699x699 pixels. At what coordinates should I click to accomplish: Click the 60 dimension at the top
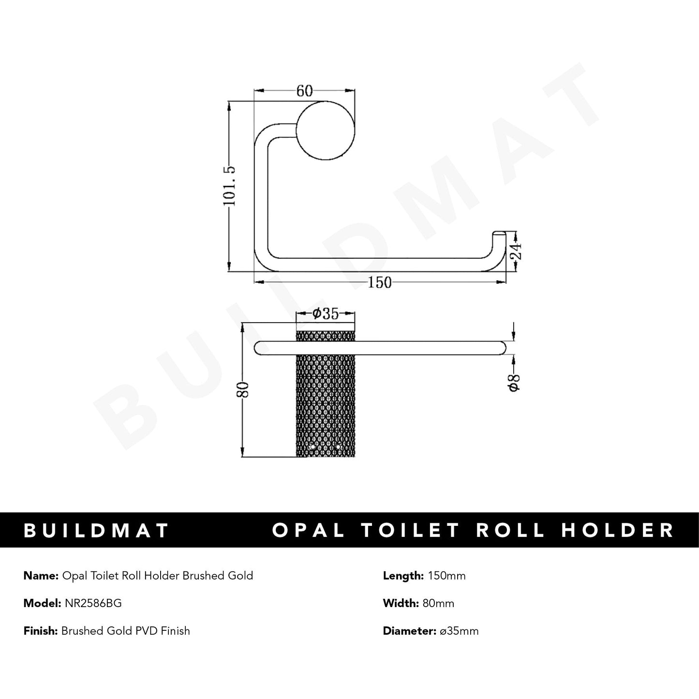coord(304,91)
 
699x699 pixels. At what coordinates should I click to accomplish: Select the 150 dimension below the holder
coord(380,283)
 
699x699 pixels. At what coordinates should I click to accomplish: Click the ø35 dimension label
coord(325,314)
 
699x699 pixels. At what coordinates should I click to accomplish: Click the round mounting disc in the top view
coord(326,131)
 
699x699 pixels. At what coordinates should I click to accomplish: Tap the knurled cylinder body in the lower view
coord(326,402)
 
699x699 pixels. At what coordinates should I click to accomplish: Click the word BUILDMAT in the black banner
coord(96,530)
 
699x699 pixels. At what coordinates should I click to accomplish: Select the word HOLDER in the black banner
coord(618,530)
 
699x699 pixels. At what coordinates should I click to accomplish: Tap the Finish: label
coord(41,631)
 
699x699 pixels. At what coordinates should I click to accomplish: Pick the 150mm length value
coord(446,576)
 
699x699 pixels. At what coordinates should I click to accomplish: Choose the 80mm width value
coord(438,603)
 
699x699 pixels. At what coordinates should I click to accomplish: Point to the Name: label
coord(41,576)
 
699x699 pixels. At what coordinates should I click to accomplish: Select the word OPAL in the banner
coord(309,530)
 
